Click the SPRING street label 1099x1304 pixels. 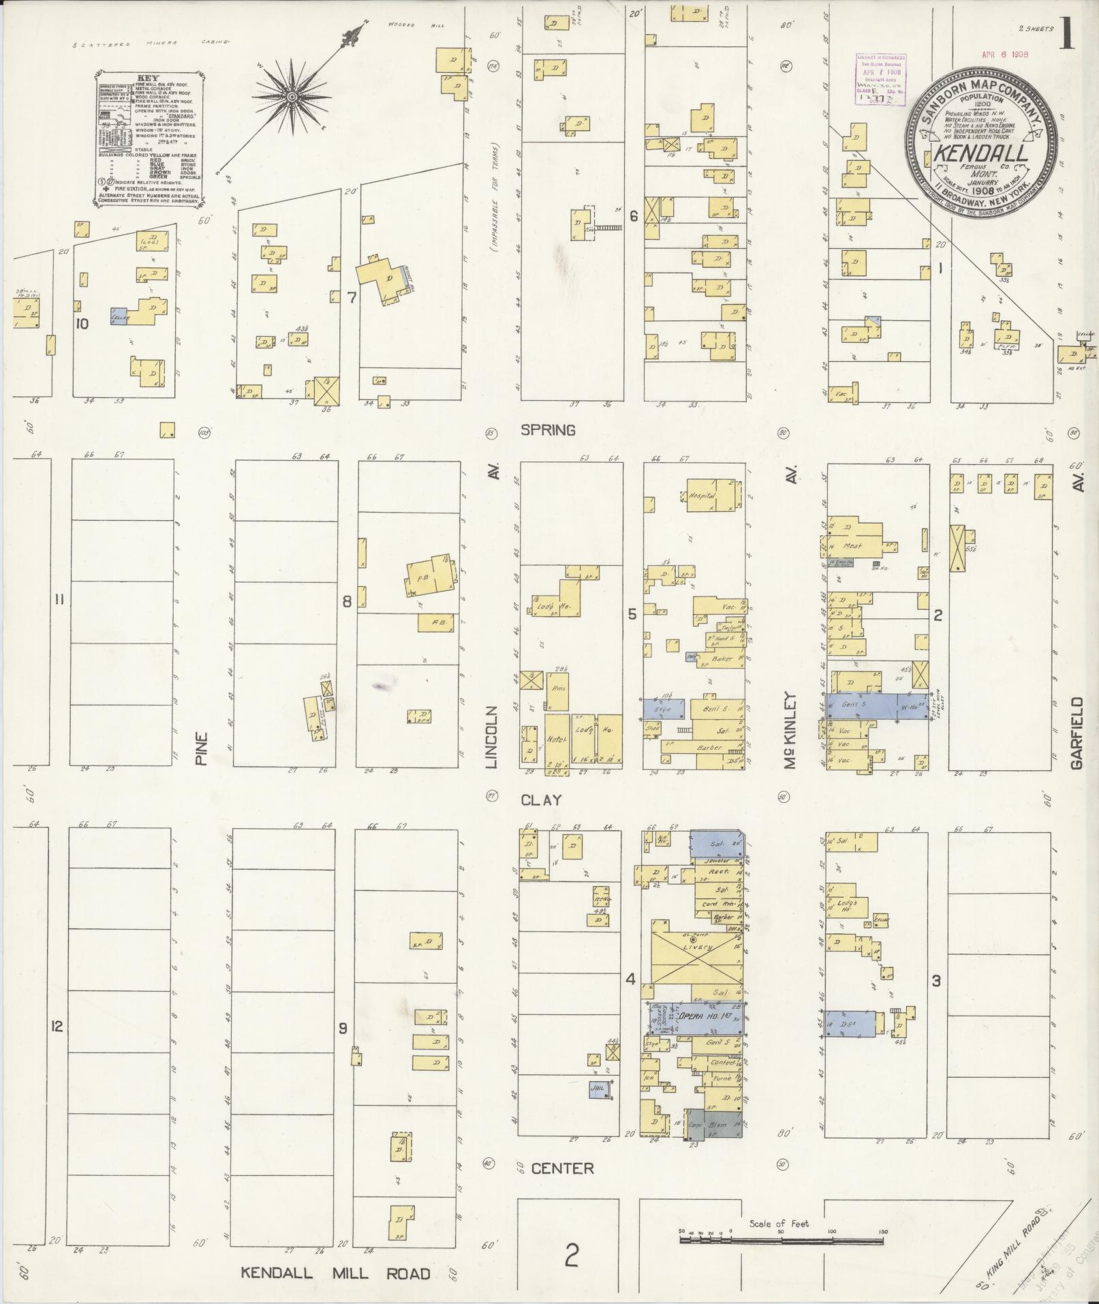click(548, 430)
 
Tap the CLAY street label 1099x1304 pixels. click(541, 800)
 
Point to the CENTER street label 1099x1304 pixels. click(562, 1168)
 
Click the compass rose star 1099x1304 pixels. click(292, 97)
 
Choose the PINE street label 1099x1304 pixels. click(200, 750)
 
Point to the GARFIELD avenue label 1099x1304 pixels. click(1076, 733)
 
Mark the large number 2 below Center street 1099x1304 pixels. click(571, 1253)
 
